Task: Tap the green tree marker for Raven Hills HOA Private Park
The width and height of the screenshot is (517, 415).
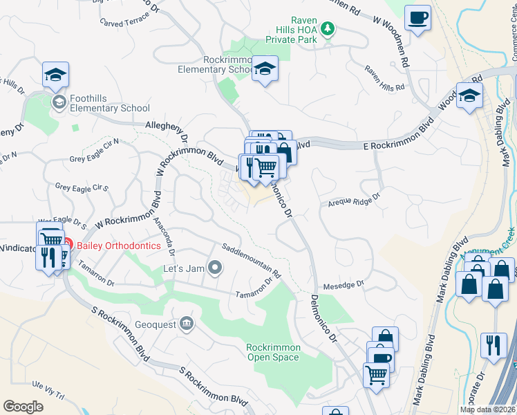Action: click(329, 29)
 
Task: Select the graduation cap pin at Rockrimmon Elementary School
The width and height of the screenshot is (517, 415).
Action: click(264, 69)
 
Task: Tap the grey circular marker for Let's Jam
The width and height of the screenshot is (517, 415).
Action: click(216, 267)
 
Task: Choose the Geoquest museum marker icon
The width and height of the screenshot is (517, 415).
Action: click(186, 323)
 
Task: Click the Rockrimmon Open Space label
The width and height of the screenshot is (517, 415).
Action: click(273, 352)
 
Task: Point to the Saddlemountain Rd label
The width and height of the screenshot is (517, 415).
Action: click(251, 260)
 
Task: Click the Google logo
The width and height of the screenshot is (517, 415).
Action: click(23, 407)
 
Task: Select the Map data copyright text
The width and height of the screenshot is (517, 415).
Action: click(487, 409)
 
